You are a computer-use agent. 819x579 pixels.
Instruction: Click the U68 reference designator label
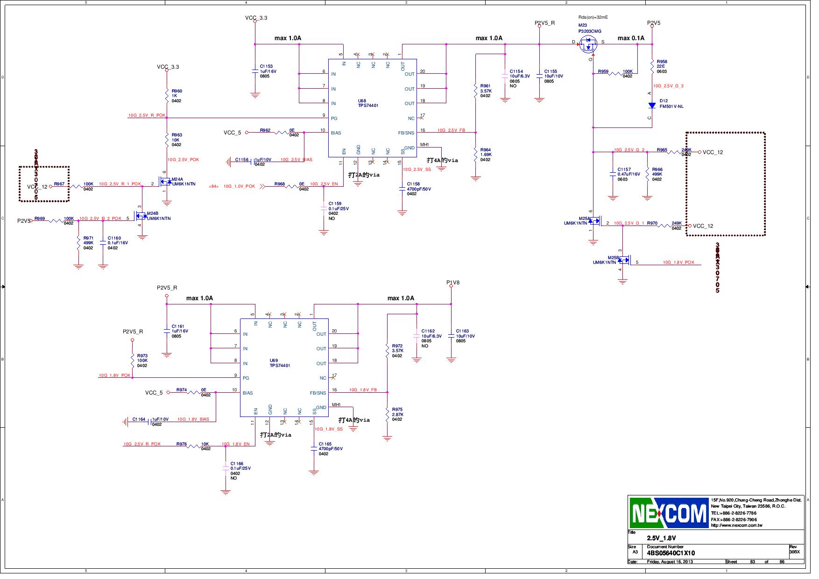(362, 100)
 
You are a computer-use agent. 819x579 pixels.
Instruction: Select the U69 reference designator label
(274, 360)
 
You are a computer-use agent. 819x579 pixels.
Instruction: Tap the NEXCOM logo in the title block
(669, 513)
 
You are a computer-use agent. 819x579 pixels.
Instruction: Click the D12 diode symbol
(652, 106)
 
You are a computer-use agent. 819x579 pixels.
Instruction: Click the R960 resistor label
(177, 91)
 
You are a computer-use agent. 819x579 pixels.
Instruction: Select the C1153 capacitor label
(266, 67)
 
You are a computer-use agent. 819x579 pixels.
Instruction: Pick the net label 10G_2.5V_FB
(451, 130)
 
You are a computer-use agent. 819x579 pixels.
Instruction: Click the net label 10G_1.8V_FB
(363, 390)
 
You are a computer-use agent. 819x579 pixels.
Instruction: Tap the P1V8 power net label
(452, 282)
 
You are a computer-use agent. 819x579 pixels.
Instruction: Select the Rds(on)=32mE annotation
(593, 17)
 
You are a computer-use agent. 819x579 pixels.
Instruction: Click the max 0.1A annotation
(630, 38)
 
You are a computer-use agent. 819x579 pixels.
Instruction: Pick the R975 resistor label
(397, 410)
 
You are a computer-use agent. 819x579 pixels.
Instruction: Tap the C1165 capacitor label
(325, 444)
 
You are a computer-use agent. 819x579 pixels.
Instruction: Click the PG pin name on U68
(334, 118)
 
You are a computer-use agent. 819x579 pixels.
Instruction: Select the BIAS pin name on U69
(247, 393)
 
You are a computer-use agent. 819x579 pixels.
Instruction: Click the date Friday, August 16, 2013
(670, 562)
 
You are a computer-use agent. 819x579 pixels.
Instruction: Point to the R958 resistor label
(662, 62)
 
